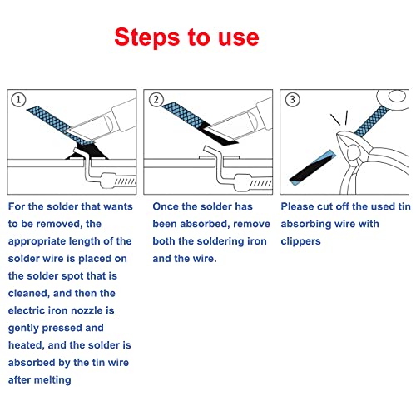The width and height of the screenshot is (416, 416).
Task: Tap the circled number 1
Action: (x=18, y=100)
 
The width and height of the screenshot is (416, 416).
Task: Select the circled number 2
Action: (x=155, y=100)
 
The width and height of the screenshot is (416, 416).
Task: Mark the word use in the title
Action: (x=238, y=38)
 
